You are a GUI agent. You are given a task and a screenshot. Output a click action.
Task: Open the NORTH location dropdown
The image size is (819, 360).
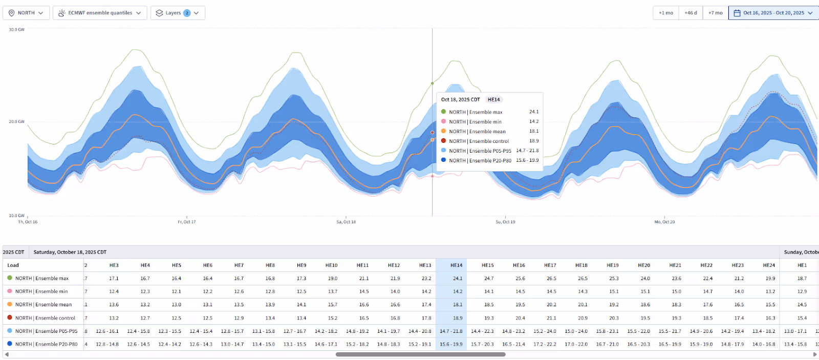coord(26,13)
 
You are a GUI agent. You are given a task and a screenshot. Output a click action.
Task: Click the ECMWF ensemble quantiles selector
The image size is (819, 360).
coord(100,13)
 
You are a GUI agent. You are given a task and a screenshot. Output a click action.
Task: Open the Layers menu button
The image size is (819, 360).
coord(178,13)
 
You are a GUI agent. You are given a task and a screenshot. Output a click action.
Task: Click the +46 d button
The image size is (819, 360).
coord(691,13)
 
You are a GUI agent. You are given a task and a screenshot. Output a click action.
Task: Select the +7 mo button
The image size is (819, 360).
coord(715,13)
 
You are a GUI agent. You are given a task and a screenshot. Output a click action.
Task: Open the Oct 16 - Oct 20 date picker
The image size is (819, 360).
coord(773,13)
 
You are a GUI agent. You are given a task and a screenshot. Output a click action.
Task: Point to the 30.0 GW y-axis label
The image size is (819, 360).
coord(16,30)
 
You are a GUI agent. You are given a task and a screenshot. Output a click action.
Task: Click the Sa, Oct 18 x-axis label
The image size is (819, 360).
coord(346,222)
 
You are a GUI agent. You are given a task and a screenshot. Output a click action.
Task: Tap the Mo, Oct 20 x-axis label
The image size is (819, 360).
coord(664,222)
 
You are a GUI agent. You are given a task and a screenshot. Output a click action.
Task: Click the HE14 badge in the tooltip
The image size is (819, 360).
coord(493,99)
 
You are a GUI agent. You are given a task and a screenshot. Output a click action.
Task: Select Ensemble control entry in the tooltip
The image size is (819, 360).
coord(479,141)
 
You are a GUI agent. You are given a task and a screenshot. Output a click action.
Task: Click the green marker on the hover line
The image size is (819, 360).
coord(433,83)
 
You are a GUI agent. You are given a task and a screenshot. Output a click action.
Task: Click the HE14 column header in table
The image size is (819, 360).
coord(456,265)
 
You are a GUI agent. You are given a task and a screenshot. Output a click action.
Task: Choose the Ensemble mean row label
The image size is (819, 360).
coord(44,305)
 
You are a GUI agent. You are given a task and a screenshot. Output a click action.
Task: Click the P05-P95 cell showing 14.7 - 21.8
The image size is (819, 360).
coord(451,331)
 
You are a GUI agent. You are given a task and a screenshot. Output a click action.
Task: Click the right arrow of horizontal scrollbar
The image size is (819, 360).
coord(815,354)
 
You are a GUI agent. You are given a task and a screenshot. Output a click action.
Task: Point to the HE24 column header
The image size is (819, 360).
coord(768,265)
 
